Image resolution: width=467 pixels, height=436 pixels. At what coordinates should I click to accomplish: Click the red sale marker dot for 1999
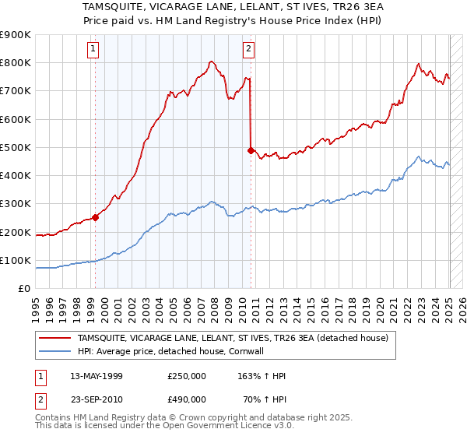(x=95, y=218)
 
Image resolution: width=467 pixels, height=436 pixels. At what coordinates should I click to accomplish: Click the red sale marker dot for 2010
(x=251, y=150)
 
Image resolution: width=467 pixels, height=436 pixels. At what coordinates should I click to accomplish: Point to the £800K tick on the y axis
(x=16, y=63)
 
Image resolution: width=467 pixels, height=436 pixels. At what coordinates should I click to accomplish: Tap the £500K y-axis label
(x=16, y=147)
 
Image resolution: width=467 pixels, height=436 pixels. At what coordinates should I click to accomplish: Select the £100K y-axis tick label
(x=16, y=260)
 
